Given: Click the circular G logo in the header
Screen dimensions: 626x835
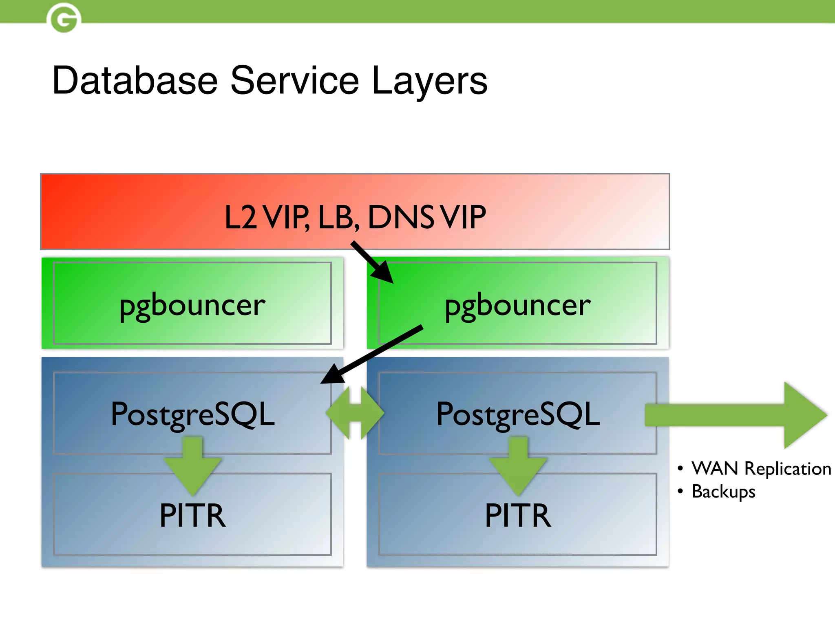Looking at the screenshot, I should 64,18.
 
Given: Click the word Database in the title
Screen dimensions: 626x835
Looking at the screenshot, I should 135,80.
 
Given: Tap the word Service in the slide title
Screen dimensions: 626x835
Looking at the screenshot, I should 294,80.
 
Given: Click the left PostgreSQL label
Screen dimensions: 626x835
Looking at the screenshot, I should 192,414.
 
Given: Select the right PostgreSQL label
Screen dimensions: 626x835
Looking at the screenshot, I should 518,414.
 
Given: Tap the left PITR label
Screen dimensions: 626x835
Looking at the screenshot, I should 192,516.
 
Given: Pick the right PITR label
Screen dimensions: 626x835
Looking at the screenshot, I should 518,516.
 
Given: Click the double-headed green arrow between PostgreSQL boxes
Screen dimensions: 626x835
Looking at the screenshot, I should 355,413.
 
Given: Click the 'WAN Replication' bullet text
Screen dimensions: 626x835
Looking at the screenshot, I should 761,469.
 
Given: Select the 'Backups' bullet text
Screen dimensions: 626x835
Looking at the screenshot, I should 723,492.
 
